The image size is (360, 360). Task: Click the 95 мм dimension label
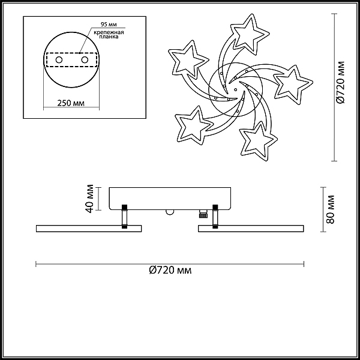[x=109, y=25]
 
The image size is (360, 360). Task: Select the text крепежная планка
[x=109, y=34]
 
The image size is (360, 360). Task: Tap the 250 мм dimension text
[x=71, y=103]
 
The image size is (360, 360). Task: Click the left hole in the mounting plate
[x=59, y=60]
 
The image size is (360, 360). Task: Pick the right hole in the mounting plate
[x=85, y=60]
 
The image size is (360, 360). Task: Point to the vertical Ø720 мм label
[x=341, y=82]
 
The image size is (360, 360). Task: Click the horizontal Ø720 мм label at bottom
[x=170, y=270]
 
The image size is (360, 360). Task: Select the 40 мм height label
[x=89, y=199]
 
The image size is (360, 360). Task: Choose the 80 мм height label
[x=331, y=209]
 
